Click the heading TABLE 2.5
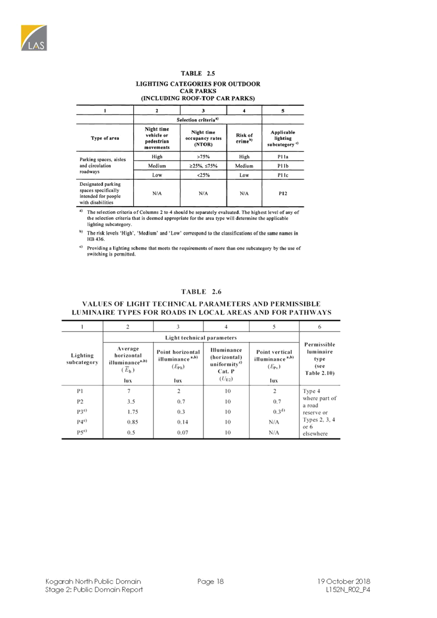pos(198,73)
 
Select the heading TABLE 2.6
pos(201,291)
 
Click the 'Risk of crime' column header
pos(244,137)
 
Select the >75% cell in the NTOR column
pos(203,156)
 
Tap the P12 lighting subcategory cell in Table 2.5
pos(282,193)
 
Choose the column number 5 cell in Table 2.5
pos(282,110)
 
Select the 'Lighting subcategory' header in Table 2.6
pos(81,360)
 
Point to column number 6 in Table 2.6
pos(320,326)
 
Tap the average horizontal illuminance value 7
pos(128,390)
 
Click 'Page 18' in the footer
pos(211,581)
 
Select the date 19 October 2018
pos(344,581)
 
